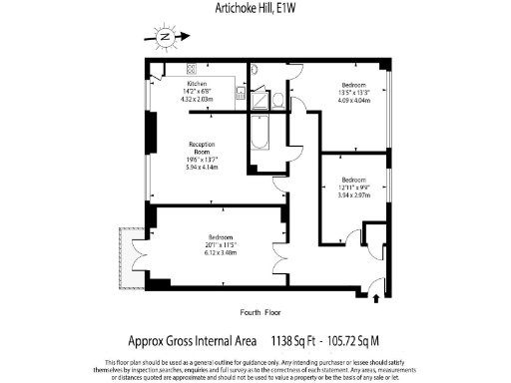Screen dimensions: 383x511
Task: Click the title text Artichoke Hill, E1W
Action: click(x=255, y=9)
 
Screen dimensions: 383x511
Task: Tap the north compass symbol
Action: click(x=166, y=39)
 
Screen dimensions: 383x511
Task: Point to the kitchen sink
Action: click(x=240, y=93)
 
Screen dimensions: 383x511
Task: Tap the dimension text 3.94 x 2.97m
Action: click(x=354, y=196)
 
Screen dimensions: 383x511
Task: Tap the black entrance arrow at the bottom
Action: click(x=375, y=295)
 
